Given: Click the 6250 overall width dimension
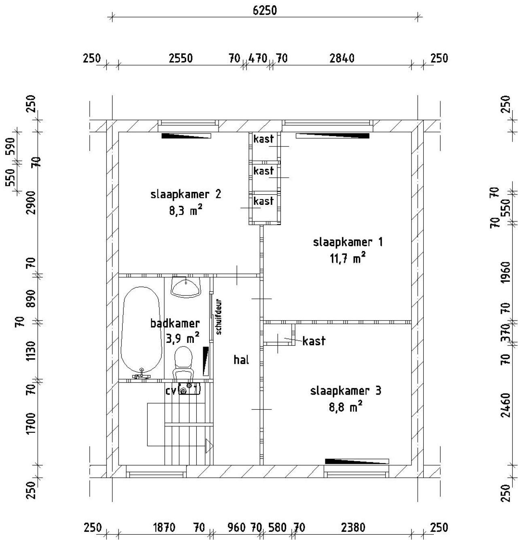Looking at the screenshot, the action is [265, 11].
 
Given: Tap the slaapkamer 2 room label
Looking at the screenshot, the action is [186, 195].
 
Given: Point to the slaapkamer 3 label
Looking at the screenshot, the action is [346, 391].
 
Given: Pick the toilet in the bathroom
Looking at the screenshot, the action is [183, 363].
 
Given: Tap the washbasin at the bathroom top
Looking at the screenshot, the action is [186, 287].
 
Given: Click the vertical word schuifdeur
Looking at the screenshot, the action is [219, 317].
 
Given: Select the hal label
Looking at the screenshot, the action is [241, 360].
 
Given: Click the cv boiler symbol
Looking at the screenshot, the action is [189, 389].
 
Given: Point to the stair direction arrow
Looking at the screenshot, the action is [209, 446].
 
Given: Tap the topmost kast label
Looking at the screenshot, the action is [263, 139].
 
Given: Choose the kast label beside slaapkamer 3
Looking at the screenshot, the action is [314, 341].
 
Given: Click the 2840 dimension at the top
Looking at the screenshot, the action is [342, 58].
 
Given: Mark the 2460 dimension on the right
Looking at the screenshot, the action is [506, 405].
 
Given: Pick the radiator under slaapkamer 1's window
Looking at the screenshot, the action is [332, 136].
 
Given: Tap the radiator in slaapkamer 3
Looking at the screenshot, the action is [357, 461].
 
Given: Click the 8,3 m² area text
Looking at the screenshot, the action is [185, 211].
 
